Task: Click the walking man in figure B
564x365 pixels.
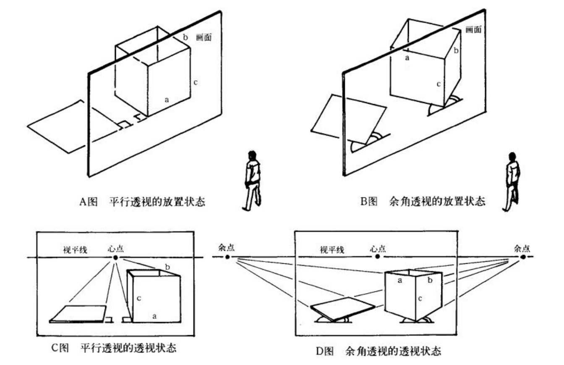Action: (512, 181)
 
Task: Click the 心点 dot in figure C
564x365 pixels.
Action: (115, 257)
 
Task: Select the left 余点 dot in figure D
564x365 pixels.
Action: (227, 257)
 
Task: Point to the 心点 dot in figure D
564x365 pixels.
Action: (377, 256)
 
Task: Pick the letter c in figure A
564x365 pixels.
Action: (196, 82)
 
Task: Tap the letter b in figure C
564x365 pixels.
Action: (168, 267)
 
